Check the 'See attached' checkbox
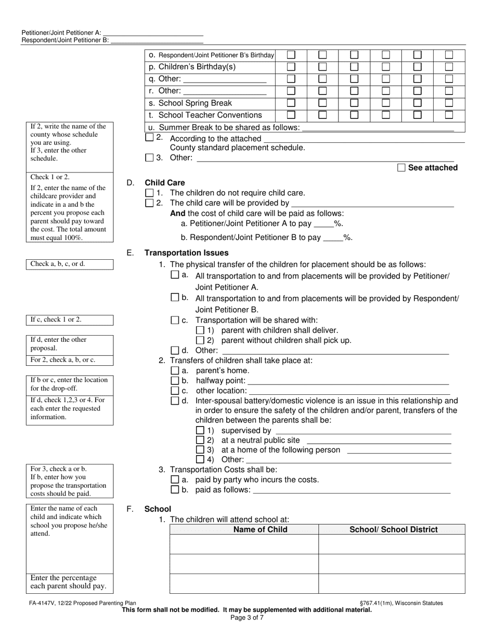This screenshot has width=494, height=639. point(401,167)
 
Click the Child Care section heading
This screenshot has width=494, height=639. point(164,183)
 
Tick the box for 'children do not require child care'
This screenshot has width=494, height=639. point(150,193)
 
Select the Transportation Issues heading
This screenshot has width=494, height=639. point(186,253)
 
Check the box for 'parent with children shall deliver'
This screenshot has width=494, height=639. point(200,330)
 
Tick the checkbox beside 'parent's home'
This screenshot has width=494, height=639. point(175,371)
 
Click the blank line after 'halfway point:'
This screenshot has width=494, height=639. point(348,381)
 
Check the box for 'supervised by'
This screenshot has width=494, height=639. point(200,431)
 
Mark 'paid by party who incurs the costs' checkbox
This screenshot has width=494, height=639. point(175,480)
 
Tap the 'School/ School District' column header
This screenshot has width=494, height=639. point(393,530)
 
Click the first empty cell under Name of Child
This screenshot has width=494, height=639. point(244,544)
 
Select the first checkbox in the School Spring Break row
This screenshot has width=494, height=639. point(291,103)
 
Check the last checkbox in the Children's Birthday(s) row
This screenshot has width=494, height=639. point(449,66)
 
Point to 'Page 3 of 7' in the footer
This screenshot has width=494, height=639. point(247,618)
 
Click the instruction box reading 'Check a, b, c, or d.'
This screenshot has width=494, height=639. point(70,264)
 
